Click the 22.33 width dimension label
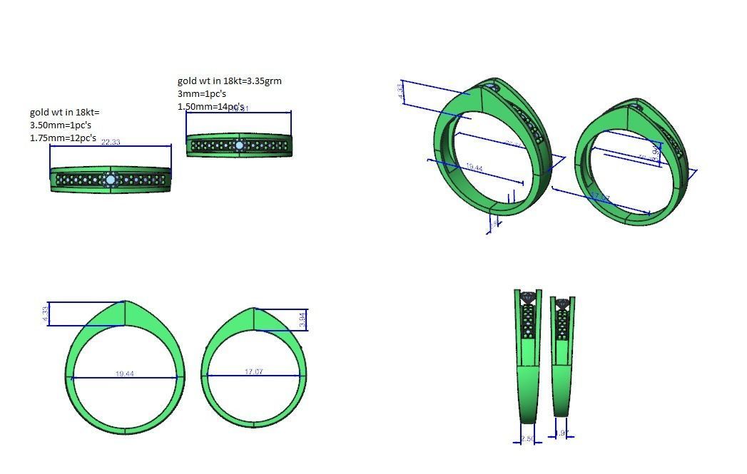[x=111, y=142]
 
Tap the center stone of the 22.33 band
[x=111, y=180]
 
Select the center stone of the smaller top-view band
[x=239, y=145]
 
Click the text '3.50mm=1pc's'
[x=60, y=125]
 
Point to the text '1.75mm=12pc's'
[x=63, y=138]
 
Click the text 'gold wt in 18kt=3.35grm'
[x=229, y=81]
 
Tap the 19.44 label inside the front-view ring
[x=125, y=373]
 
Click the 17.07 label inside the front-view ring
[x=253, y=372]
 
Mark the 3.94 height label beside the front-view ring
[x=303, y=320]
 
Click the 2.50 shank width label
[x=527, y=439]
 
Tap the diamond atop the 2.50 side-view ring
[x=528, y=297]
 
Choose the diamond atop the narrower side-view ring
[x=563, y=304]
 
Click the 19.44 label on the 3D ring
[x=474, y=168]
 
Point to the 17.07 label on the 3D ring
[x=599, y=197]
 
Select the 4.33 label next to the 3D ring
[x=402, y=92]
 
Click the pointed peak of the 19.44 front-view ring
[x=125, y=302]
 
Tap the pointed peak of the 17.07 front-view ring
[x=254, y=309]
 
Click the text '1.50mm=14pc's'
[x=210, y=106]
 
